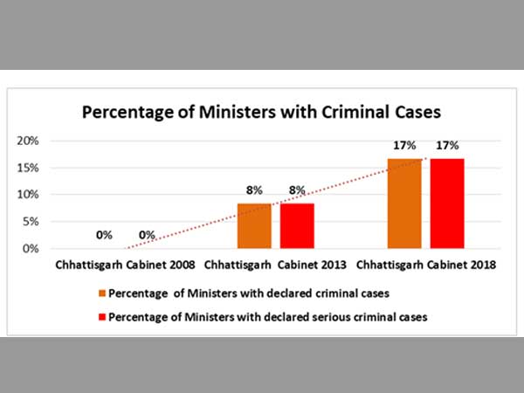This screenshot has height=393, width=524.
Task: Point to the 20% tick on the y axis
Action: point(29,141)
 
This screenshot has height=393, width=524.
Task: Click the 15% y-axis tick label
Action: point(29,168)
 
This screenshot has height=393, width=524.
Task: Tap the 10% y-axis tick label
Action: point(29,195)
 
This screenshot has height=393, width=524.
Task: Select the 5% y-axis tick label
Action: point(31,222)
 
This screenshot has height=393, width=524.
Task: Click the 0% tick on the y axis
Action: point(31,249)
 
